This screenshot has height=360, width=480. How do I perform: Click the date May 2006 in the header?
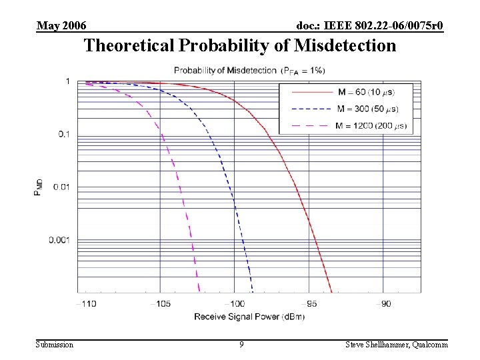coord(61,26)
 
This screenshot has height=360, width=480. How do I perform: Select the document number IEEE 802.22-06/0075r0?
coord(370,26)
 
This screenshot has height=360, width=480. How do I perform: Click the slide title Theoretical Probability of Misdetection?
coord(239,46)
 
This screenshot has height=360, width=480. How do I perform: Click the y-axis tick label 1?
coord(67,81)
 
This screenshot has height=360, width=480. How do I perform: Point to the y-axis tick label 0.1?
coord(63,134)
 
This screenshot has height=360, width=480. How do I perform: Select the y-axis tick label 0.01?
coord(61,187)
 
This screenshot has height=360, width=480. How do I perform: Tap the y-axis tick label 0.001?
coord(59,239)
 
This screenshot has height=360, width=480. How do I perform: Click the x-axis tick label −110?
coord(85,303)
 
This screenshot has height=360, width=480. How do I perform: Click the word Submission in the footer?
coord(55,345)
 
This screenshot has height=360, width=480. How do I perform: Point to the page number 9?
coord(241,345)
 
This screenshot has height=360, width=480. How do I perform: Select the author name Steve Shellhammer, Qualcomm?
coord(397,345)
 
